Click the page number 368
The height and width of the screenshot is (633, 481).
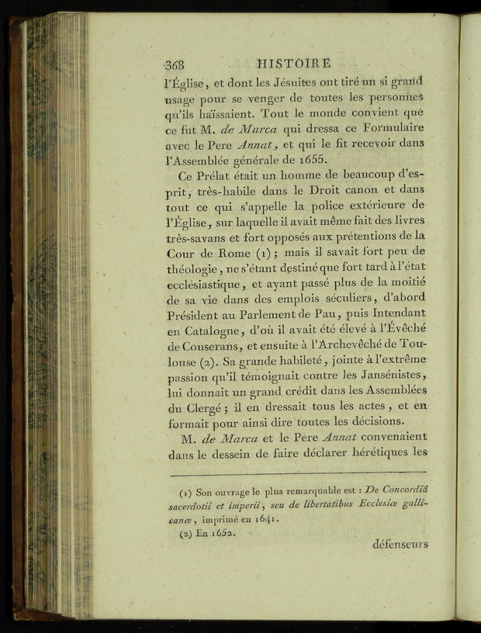pos(177,64)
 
